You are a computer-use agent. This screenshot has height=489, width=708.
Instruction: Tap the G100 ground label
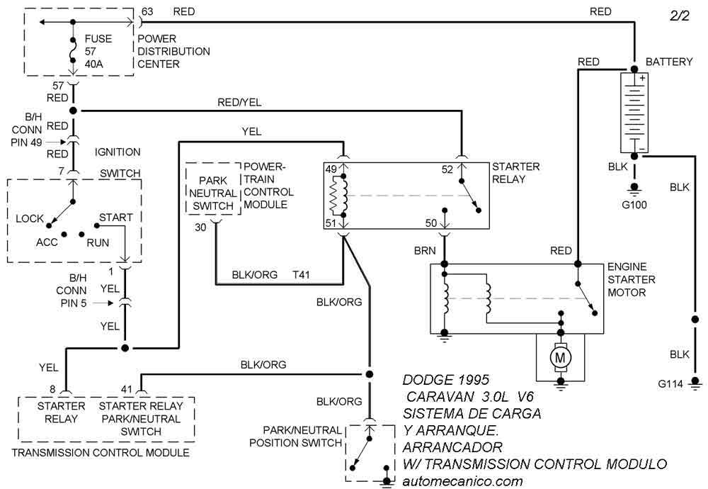pos(634,205)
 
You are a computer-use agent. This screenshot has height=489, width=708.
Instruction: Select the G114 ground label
pos(670,384)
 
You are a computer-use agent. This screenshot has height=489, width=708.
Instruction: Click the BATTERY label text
pos(669,62)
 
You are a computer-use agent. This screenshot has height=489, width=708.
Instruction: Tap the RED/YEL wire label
pos(239,102)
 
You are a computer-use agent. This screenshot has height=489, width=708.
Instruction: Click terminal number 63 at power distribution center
pos(147,11)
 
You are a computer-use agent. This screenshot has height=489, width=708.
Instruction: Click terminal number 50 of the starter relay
pos(431,223)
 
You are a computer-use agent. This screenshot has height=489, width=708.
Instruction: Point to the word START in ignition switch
pos(115,216)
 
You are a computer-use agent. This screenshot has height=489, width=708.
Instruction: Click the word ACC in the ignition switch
pos(47,242)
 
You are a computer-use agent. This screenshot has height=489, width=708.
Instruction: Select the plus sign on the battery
pos(642,78)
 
